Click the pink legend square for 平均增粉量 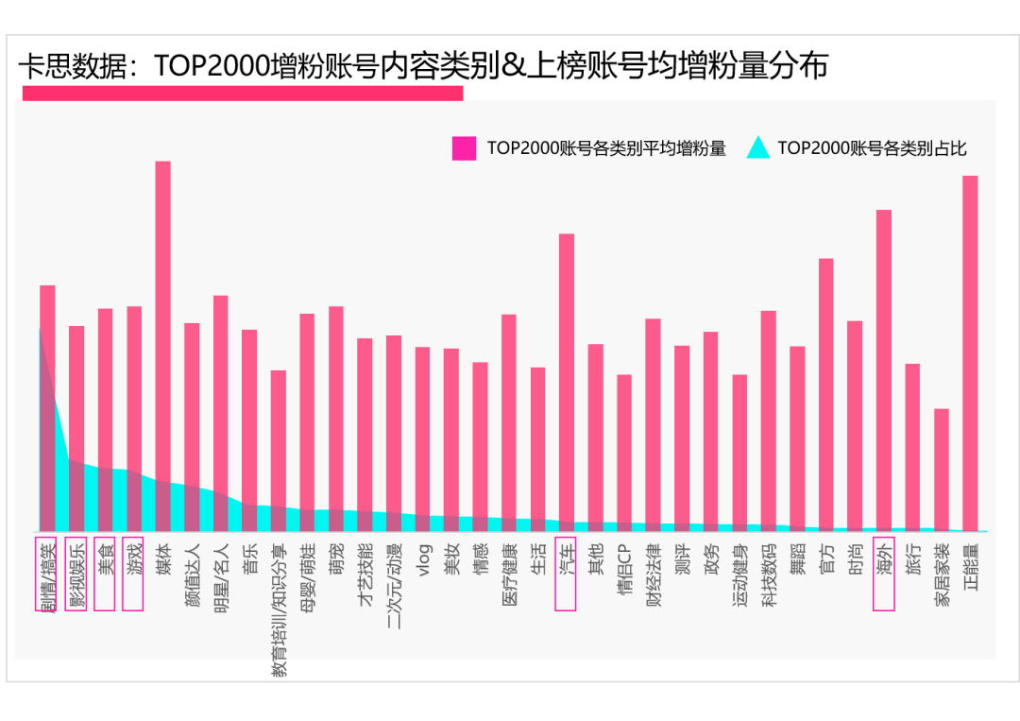(464, 148)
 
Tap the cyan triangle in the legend (758, 148)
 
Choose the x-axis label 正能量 (971, 563)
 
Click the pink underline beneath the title (243, 93)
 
